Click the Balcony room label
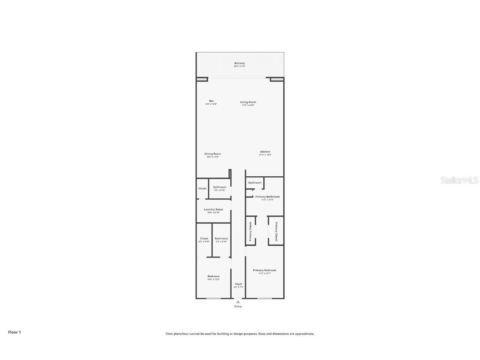239,63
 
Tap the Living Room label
248,102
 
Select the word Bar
211,101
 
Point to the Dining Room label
212,154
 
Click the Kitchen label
265,152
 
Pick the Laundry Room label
213,209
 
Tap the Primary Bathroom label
267,197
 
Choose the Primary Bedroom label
265,270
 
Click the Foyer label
238,284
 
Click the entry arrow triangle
238,302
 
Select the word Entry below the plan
238,306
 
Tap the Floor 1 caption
14,332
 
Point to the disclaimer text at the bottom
240,334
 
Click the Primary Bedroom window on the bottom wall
265,298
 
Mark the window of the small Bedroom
213,298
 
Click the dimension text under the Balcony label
239,66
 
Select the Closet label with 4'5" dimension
204,238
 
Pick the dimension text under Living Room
248,105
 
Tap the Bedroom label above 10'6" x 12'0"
213,276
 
